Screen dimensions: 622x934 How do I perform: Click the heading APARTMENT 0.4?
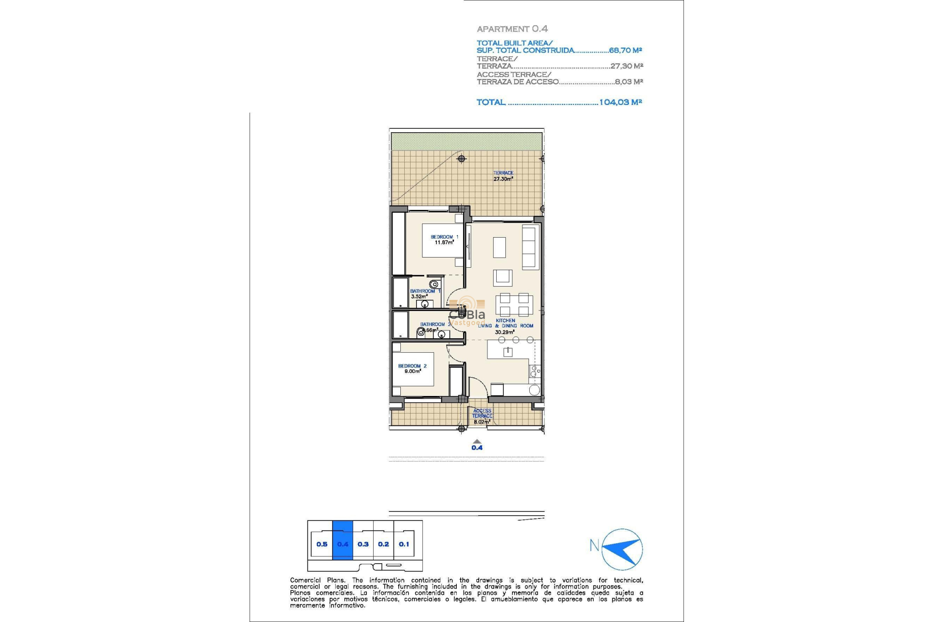tap(512, 29)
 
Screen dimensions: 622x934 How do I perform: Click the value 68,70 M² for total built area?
tap(625, 51)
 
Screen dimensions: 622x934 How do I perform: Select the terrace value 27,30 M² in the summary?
tap(627, 66)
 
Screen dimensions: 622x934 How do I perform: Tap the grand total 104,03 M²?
tap(620, 102)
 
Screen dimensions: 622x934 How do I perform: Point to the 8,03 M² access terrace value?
tap(629, 82)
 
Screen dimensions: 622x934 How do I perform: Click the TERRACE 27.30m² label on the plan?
tap(503, 176)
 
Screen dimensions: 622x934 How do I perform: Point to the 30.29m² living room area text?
tap(504, 332)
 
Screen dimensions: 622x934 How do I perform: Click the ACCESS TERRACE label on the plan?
tap(482, 414)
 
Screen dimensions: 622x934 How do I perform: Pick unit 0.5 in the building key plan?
tap(322, 544)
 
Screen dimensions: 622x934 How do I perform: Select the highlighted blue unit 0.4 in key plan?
tap(342, 544)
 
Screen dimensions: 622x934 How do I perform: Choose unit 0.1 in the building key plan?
tap(404, 544)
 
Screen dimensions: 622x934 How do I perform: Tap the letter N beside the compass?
tap(594, 546)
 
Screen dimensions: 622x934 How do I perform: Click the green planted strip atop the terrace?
tap(466, 141)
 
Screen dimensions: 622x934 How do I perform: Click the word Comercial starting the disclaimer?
tap(305, 580)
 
